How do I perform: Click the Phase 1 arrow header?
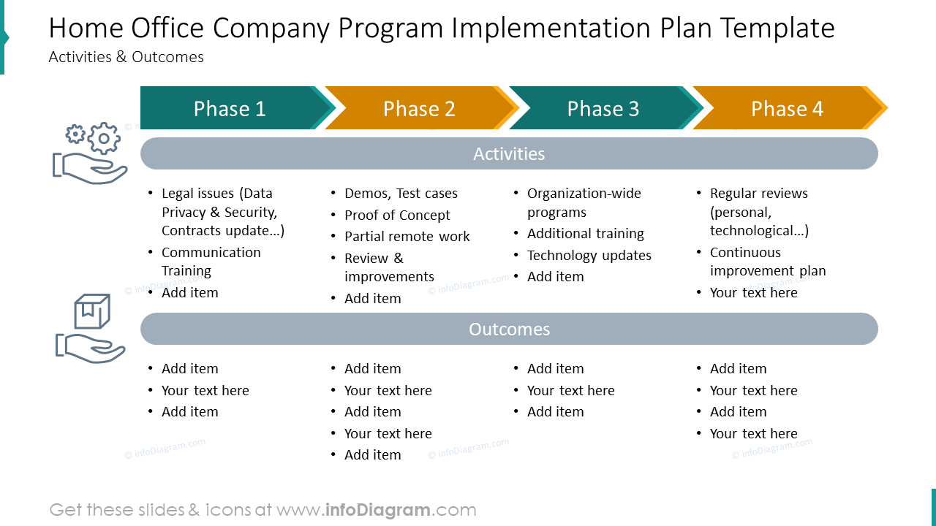(x=230, y=109)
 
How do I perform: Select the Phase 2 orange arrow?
(x=419, y=109)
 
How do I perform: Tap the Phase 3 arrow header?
(x=603, y=109)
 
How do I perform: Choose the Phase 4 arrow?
(x=787, y=109)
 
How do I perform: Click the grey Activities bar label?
(x=509, y=154)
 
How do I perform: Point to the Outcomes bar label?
(x=509, y=329)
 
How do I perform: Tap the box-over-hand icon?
(x=91, y=329)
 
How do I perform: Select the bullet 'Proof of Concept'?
(x=397, y=216)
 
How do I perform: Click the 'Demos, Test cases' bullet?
(x=401, y=194)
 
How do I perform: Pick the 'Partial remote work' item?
(x=407, y=237)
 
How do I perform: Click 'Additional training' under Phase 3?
(x=585, y=234)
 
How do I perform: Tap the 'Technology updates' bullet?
(x=589, y=256)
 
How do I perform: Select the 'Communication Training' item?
(x=211, y=262)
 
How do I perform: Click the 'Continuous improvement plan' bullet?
(x=767, y=262)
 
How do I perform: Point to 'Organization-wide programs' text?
(x=584, y=203)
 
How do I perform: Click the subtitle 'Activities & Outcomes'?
(x=126, y=57)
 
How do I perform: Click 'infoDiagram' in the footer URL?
(x=377, y=510)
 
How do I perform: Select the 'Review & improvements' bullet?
(x=388, y=267)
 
